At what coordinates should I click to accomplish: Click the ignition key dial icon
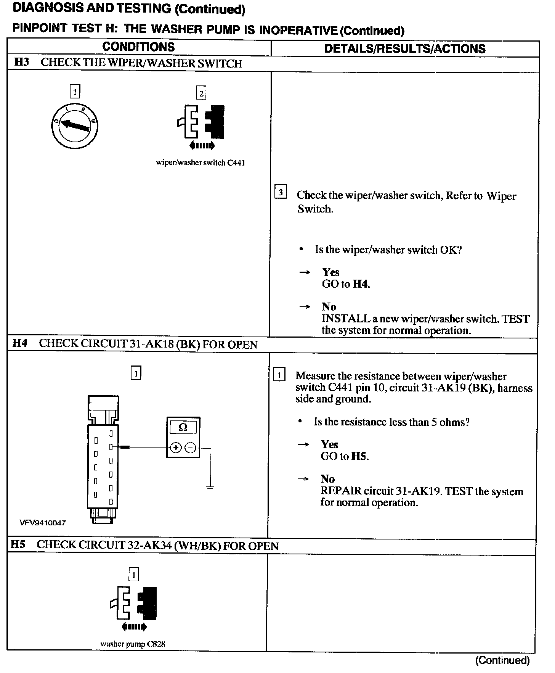coord(75,126)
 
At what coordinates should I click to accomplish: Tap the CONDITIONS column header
coord(138,47)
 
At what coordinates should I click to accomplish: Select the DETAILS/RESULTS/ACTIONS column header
coord(404,49)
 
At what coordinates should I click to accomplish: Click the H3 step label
coord(21,62)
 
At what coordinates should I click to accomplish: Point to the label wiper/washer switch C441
coord(201,163)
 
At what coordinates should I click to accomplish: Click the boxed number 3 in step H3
coord(280,192)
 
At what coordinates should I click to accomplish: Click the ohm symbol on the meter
coord(183,427)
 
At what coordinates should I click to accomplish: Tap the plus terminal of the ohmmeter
coord(175,447)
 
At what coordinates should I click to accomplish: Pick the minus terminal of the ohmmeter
coord(191,447)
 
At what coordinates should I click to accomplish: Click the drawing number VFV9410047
coord(43,523)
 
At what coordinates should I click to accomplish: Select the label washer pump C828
coord(133,644)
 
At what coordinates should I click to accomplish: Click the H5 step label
coord(18,544)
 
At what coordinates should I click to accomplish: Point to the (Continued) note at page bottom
coord(502,660)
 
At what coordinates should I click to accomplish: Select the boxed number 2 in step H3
coord(201,93)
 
